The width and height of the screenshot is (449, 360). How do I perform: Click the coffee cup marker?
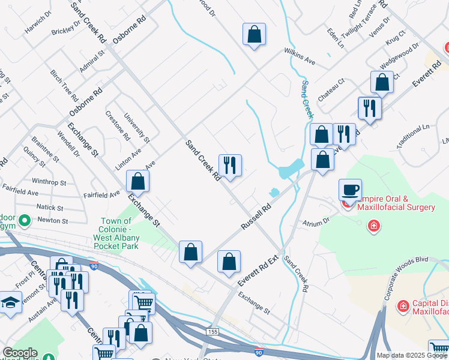click(x=350, y=190)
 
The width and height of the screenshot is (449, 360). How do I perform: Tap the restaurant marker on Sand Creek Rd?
click(x=229, y=165)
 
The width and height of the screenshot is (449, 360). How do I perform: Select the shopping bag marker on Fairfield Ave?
click(x=137, y=182)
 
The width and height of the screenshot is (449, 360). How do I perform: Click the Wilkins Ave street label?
click(x=300, y=56)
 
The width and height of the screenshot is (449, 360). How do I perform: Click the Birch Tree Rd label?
click(x=65, y=84)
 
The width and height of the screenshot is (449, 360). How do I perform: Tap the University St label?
click(x=137, y=129)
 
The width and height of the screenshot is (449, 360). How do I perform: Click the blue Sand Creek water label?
click(x=307, y=99)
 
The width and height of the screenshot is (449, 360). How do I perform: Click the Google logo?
click(x=19, y=353)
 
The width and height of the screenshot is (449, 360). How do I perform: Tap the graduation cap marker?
click(x=10, y=302)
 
